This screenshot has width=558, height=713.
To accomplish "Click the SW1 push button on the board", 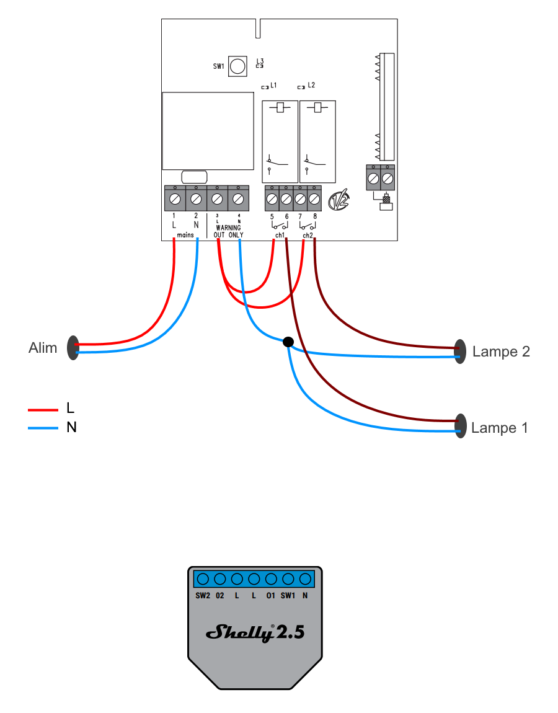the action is point(237,66).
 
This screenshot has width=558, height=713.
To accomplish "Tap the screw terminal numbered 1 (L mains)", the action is point(175,199).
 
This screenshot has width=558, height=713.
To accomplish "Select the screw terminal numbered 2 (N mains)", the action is point(196,199).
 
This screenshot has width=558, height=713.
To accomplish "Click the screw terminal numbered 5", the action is point(272,199).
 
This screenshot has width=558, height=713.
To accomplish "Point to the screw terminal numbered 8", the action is point(314,199).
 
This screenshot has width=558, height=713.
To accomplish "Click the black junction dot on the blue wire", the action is point(288,342).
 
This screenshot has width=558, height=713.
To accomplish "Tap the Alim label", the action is point(43,348).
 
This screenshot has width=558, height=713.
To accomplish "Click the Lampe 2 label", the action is point(501,352).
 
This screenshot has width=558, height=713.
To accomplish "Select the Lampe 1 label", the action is point(499,428).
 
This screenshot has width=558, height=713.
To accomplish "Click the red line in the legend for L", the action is point(43,410).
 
